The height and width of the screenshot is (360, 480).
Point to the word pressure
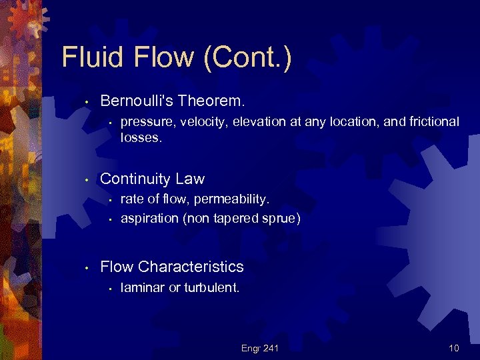point(145,122)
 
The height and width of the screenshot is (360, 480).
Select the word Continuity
point(135,179)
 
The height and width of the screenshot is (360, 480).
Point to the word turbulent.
point(211,288)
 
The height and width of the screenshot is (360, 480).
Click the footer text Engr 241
point(260,348)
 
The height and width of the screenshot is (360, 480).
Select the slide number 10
point(454,348)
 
